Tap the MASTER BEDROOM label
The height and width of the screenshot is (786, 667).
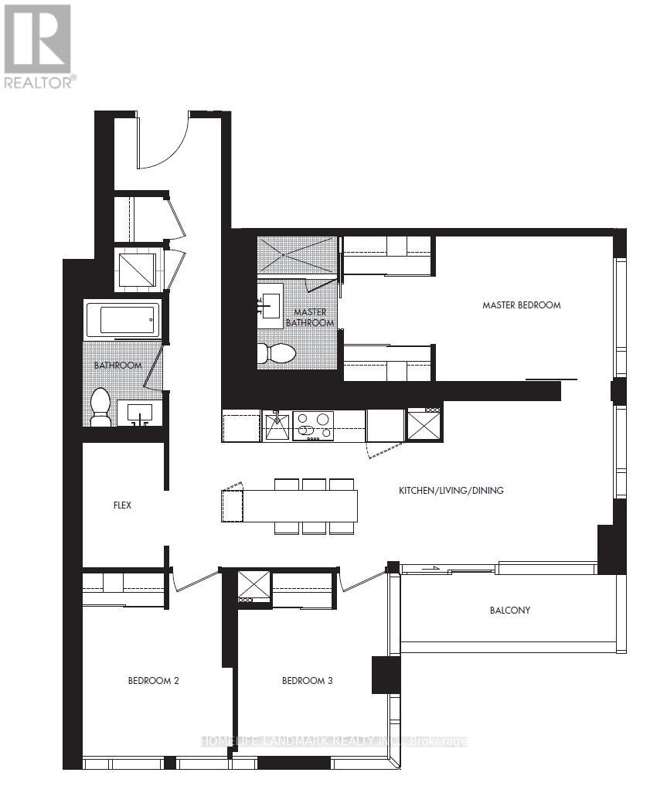pos(521,305)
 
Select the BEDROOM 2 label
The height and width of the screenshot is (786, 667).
pos(153,681)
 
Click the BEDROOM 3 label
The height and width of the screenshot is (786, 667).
pos(308,681)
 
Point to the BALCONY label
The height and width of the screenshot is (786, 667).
pos(510,611)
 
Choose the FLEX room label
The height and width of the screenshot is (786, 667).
pos(122,505)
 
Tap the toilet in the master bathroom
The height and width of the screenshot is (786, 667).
pos(277,354)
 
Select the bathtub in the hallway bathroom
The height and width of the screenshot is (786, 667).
pos(123,320)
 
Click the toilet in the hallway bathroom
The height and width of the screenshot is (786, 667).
pos(100,407)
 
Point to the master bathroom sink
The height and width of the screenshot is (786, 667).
pos(271,301)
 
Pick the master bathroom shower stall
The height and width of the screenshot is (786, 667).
pos(298,254)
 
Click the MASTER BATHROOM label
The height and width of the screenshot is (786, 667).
pos(310,317)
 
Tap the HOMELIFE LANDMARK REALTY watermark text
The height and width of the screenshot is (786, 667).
pos(332,741)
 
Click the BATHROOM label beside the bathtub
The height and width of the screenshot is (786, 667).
pos(117,365)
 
